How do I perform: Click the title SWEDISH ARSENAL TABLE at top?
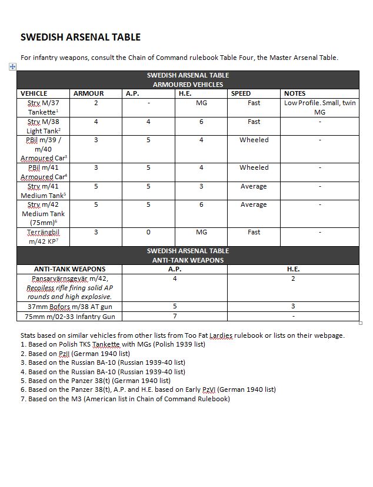(x=81, y=37)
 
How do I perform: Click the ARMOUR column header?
(x=88, y=93)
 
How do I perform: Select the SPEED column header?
(x=241, y=93)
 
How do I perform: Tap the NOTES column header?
(x=295, y=93)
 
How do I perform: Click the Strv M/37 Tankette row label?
(x=44, y=108)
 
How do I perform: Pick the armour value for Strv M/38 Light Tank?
(x=96, y=122)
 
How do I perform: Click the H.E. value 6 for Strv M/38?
(x=201, y=122)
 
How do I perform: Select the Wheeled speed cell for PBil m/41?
(x=254, y=167)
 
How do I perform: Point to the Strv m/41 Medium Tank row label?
(x=44, y=191)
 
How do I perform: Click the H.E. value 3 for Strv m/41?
(x=201, y=186)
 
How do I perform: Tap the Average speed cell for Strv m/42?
(x=254, y=204)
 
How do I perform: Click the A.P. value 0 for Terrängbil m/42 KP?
(x=148, y=232)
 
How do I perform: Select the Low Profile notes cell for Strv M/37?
(x=319, y=108)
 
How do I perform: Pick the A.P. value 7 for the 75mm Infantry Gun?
(x=175, y=316)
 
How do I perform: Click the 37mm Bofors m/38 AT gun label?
(x=69, y=307)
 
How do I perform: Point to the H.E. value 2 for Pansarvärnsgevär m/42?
(x=293, y=278)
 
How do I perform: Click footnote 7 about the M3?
(x=125, y=399)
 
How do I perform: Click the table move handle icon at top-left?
(x=13, y=67)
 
